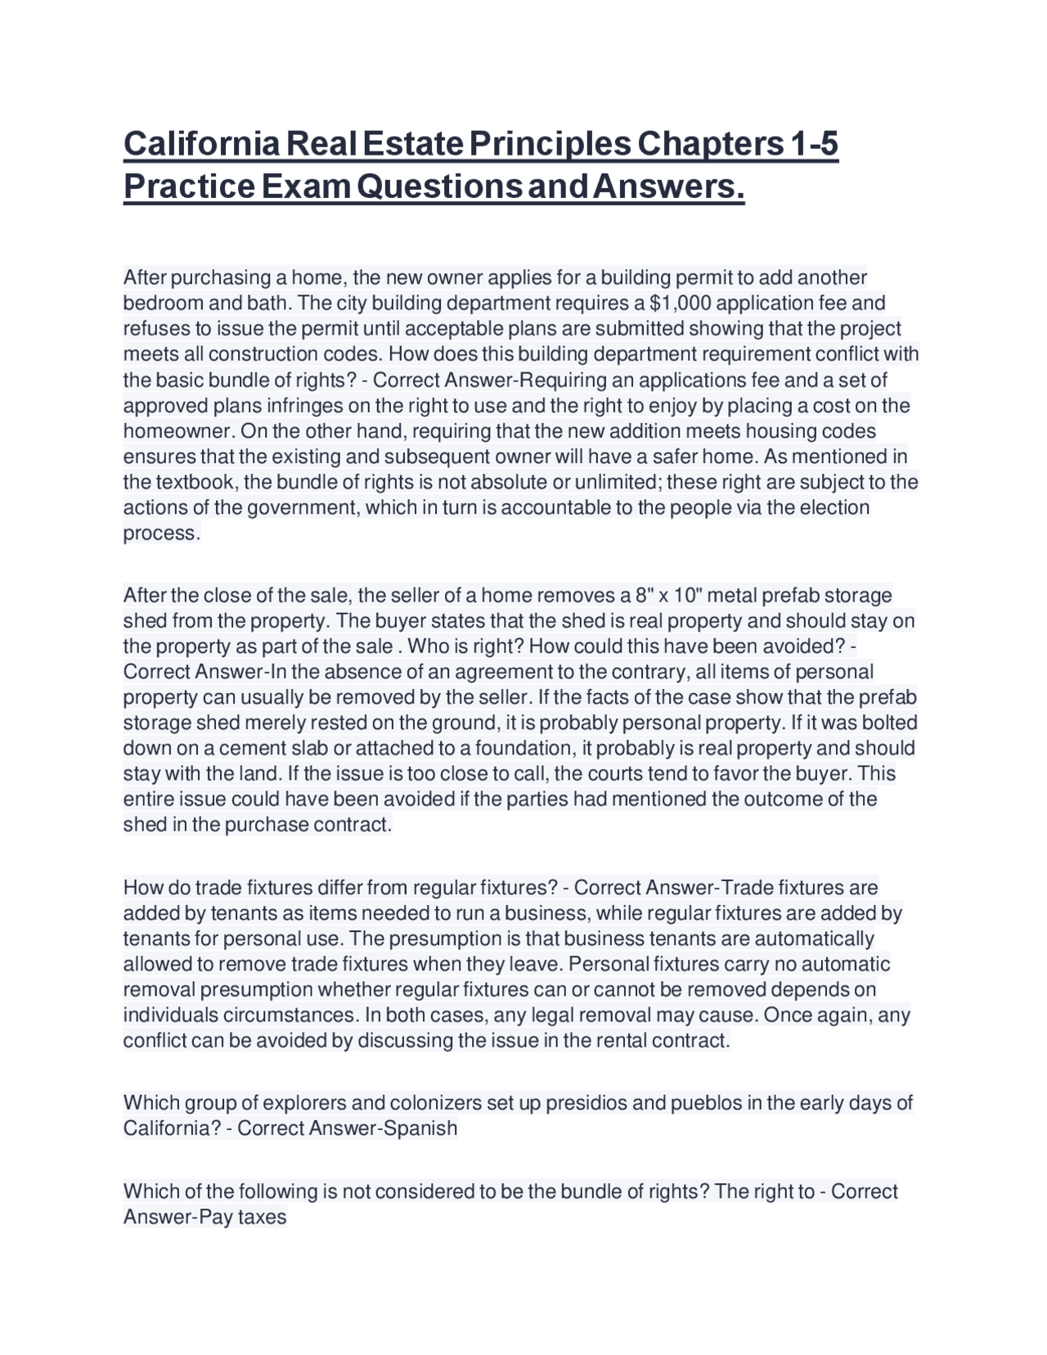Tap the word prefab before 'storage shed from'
[x=785, y=595]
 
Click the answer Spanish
[x=423, y=1128]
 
